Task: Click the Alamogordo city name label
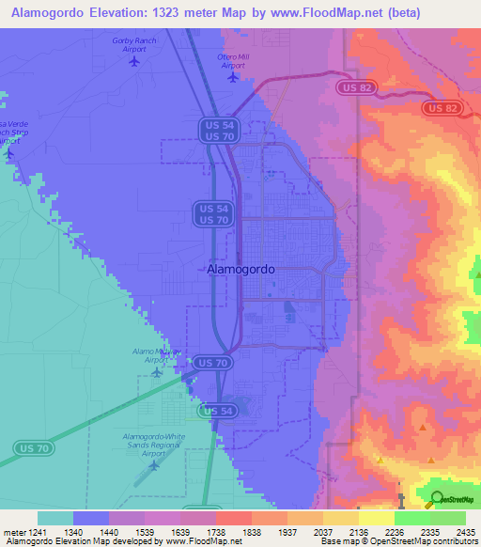pos(240,269)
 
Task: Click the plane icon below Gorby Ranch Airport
pos(133,62)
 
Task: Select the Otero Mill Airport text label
pos(234,61)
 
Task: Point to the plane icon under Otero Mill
pos(233,77)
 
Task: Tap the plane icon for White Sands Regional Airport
pos(153,463)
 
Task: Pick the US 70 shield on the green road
pos(29,448)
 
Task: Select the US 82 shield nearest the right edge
pos(441,109)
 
